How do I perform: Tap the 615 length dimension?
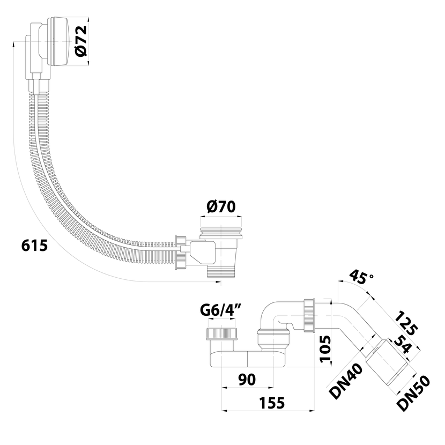(34, 245)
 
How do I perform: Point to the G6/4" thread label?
(221, 309)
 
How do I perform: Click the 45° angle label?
(360, 279)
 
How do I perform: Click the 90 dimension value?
(247, 379)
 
